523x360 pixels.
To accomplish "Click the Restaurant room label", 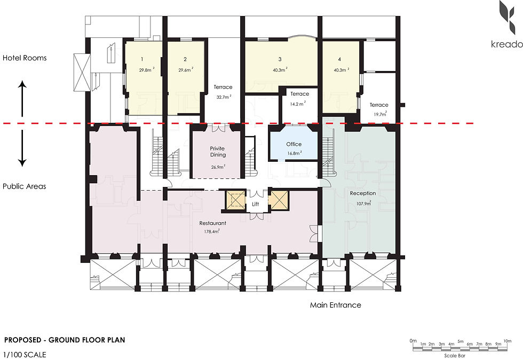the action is coord(212,223).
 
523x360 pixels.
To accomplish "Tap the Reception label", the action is coord(362,193).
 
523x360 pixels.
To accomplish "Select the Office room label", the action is coord(294,144).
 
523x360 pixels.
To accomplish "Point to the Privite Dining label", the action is coord(218,152).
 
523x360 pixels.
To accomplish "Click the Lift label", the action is coord(255,204).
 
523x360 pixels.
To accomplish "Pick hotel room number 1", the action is coord(142,59).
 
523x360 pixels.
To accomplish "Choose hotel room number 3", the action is coord(280,59).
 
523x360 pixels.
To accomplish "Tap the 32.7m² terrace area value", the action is coord(224,97).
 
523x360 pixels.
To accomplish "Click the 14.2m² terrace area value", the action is coord(298,104).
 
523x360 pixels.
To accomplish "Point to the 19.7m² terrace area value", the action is coord(380,114).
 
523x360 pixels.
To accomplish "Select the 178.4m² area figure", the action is coord(212,231).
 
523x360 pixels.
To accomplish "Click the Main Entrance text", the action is coord(336,305).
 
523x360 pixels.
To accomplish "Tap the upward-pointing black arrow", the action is coord(22,98).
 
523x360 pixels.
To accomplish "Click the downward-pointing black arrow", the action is coord(22,148).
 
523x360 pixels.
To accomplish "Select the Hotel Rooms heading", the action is coord(25,58).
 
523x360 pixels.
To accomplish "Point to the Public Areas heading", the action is coord(25,186).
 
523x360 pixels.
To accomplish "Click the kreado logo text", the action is coord(506,44).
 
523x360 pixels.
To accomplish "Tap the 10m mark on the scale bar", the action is coord(508,341).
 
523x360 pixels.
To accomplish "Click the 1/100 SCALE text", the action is coord(25,354).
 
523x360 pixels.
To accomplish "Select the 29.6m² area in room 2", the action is coord(186,70).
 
